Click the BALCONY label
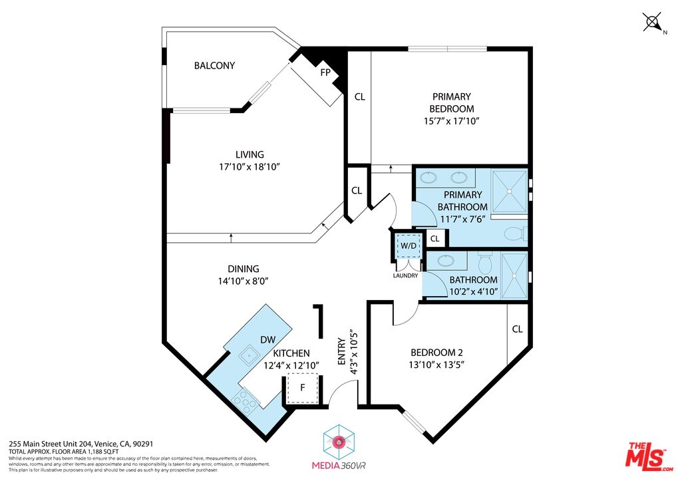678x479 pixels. tap(214, 65)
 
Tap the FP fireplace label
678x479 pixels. tap(325, 72)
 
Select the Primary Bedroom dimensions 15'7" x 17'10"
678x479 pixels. tap(451, 121)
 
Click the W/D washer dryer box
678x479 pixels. tap(408, 244)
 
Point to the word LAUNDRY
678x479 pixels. tap(405, 275)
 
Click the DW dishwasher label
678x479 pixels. tap(267, 339)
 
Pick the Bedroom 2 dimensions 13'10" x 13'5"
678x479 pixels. tap(436, 364)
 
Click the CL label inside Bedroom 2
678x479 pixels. tap(517, 329)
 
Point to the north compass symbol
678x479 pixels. tap(653, 22)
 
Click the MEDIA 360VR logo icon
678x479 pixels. tap(339, 441)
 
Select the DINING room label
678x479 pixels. tap(244, 269)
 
